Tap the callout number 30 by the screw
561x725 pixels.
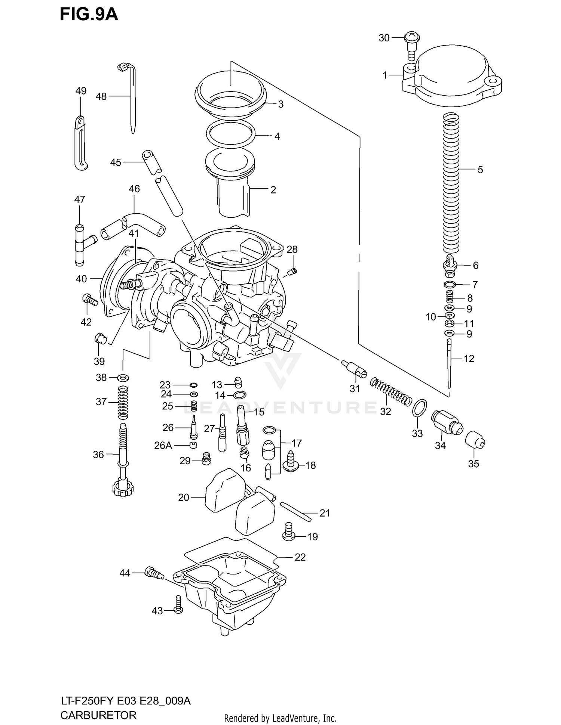pos(384,38)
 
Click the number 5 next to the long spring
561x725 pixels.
pos(480,170)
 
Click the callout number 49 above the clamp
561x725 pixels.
pos(81,91)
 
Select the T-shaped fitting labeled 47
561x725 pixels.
pos(81,244)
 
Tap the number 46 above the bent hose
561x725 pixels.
pos(134,189)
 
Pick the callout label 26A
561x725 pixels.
pos(163,445)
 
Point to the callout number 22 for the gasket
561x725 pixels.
pos(300,557)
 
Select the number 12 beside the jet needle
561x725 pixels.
pos(469,359)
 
